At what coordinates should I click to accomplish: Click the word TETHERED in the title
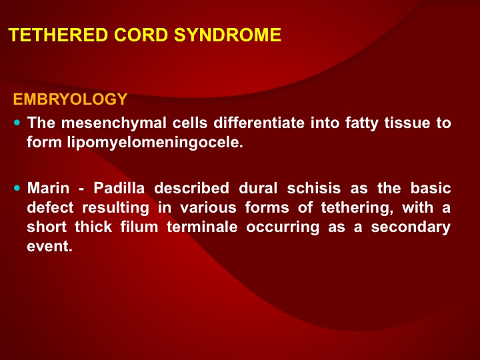point(58,35)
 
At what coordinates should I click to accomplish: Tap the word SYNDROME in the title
point(227,35)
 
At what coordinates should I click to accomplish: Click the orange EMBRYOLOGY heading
point(70,99)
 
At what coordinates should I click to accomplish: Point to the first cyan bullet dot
point(17,123)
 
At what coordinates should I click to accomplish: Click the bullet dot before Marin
point(17,187)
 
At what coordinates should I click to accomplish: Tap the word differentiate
point(259,123)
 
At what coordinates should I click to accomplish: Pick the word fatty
point(362,123)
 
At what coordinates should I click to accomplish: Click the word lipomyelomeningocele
point(155,143)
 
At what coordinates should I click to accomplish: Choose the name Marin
point(49,188)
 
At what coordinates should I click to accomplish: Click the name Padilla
point(119,188)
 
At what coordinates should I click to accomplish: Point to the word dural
point(258,188)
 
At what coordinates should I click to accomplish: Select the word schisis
point(314,188)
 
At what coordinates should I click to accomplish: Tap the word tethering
point(357,208)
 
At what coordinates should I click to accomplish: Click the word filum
point(139,227)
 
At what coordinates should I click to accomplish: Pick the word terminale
point(202,227)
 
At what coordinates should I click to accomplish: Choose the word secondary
point(411,227)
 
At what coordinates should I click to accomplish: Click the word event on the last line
point(49,247)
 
